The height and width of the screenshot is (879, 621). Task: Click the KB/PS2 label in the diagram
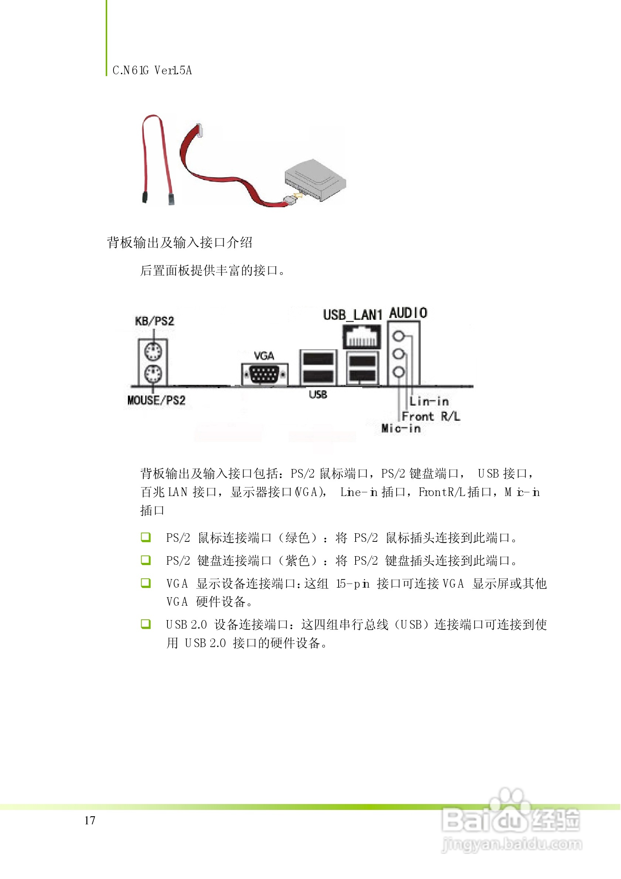tap(155, 321)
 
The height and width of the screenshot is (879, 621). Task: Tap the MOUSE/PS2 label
tap(156, 400)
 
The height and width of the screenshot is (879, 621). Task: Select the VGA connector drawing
tap(264, 374)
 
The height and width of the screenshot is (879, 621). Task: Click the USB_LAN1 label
tap(352, 315)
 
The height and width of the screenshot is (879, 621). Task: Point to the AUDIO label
tap(408, 313)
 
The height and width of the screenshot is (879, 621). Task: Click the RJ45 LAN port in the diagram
tap(362, 336)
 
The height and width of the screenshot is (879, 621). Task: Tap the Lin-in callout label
tap(429, 401)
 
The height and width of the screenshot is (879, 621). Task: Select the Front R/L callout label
tap(431, 416)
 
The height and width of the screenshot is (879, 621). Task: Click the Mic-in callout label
tap(401, 428)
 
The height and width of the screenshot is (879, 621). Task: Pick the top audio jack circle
tap(399, 336)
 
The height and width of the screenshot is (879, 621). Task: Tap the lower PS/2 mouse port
tap(153, 373)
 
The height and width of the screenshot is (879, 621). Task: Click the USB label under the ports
tap(318, 394)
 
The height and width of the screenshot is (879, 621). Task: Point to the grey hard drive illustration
tap(315, 179)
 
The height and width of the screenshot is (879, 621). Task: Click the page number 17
tap(90, 820)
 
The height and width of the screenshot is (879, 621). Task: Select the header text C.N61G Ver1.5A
tap(152, 71)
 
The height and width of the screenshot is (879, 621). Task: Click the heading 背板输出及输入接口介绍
tap(179, 242)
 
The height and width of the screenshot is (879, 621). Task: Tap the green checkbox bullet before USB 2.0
tap(146, 624)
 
